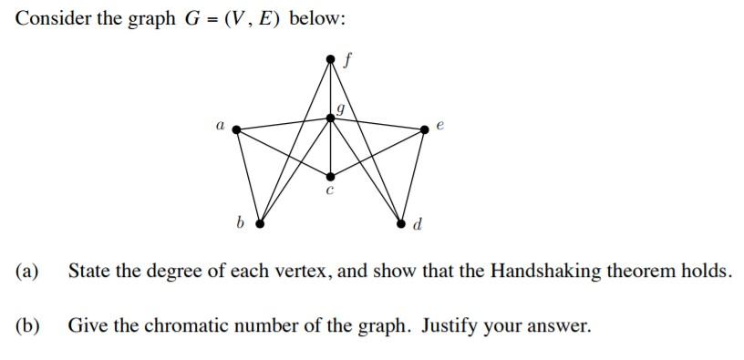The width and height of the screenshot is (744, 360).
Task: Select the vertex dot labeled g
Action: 331,117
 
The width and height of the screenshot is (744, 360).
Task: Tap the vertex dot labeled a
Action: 237,129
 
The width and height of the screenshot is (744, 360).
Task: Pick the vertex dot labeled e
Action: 425,129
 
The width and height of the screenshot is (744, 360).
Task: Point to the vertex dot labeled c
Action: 331,176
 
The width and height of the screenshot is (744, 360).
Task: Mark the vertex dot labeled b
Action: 260,222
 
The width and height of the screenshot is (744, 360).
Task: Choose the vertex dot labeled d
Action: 402,222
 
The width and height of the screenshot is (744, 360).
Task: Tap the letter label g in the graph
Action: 340,108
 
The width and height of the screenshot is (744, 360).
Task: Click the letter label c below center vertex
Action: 330,191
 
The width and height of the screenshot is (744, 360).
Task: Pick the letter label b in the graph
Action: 241,221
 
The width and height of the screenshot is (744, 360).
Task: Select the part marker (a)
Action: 26,272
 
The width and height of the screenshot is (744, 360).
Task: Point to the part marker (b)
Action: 27,325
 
